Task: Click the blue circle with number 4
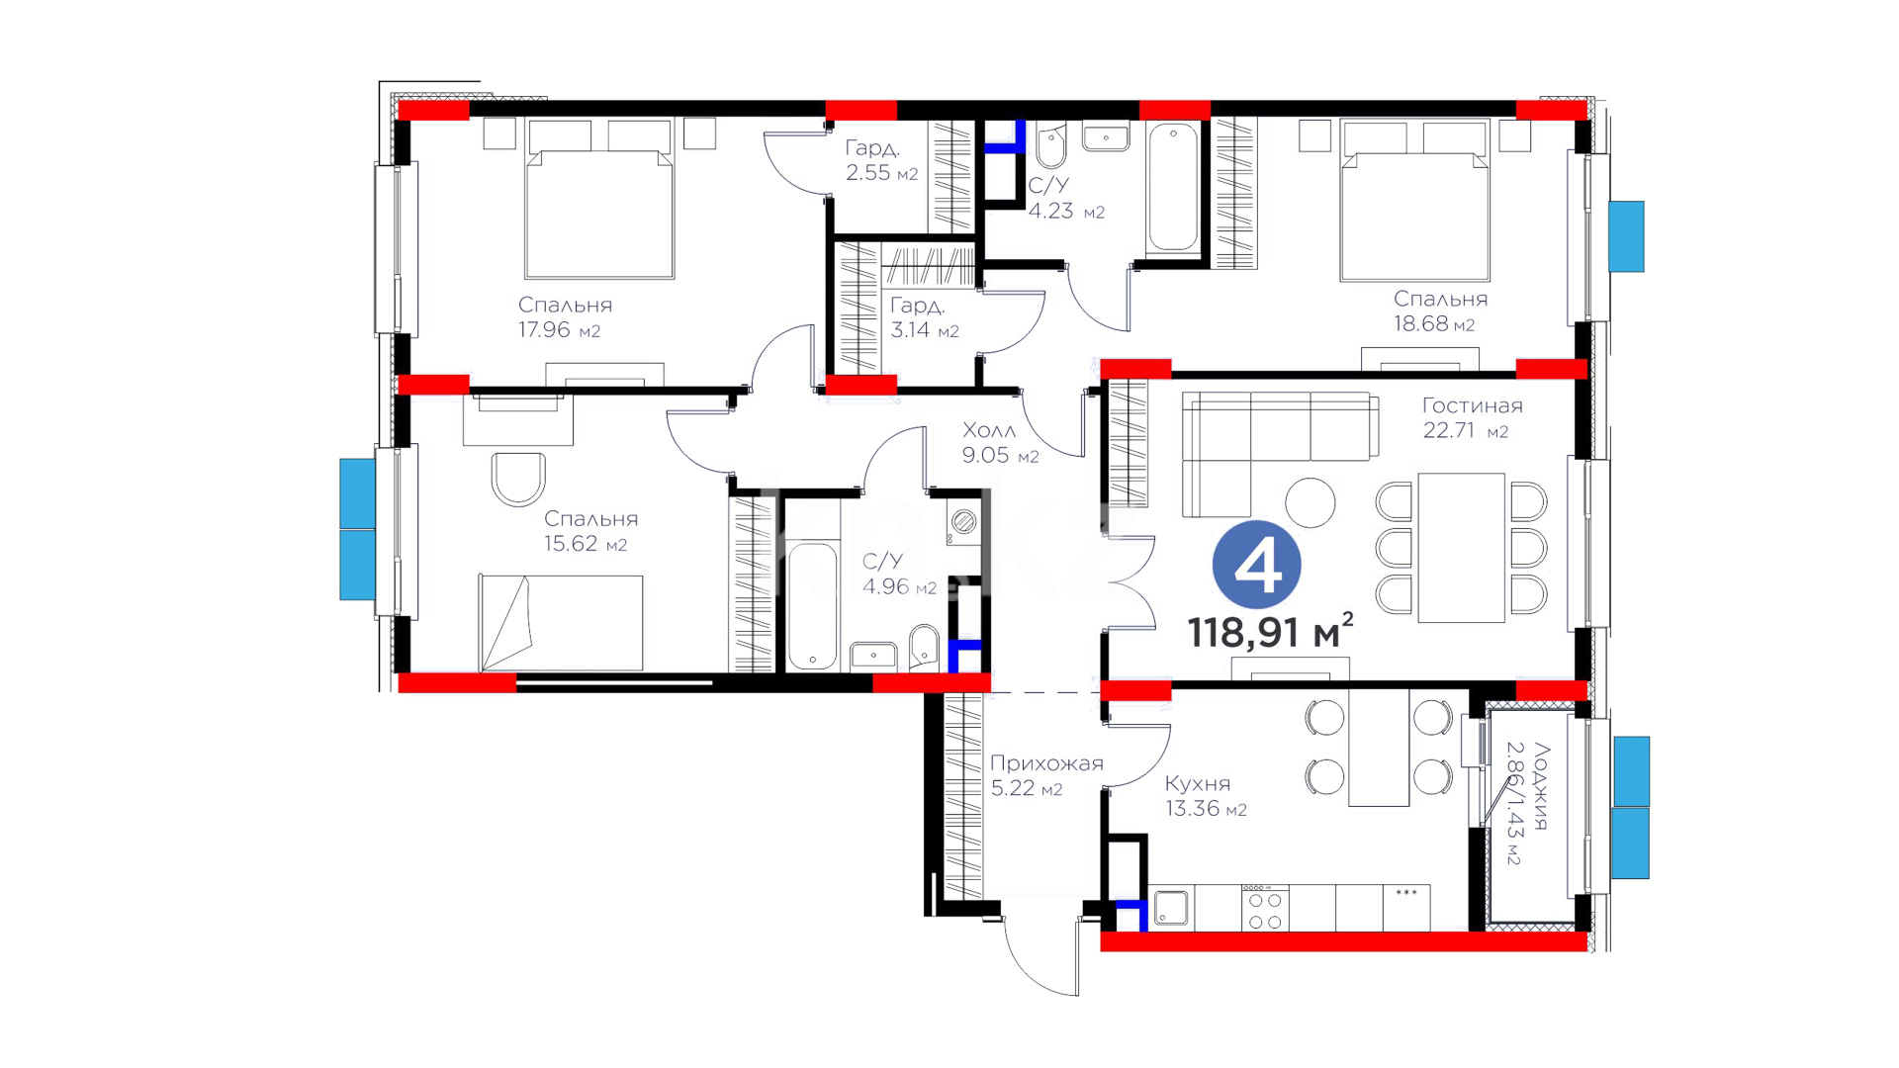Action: tap(1256, 565)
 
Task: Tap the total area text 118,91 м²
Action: tap(1270, 631)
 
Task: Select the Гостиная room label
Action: tap(1472, 405)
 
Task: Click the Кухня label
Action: tap(1198, 783)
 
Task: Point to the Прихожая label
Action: tap(1046, 763)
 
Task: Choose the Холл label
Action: tap(989, 430)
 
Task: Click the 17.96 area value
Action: tap(544, 330)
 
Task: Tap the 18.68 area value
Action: tap(1420, 324)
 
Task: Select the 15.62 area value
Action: tap(571, 544)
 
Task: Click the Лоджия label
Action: tap(1541, 786)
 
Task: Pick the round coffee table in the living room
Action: tap(1310, 502)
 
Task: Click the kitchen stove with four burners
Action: tap(1265, 908)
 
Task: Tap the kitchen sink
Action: tap(1171, 908)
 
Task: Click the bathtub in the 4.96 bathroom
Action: tap(813, 605)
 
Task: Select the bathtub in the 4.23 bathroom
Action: tap(1173, 187)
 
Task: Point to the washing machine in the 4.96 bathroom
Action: tap(963, 522)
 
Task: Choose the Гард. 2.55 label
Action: tap(881, 160)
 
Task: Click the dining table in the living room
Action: tap(1461, 548)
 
